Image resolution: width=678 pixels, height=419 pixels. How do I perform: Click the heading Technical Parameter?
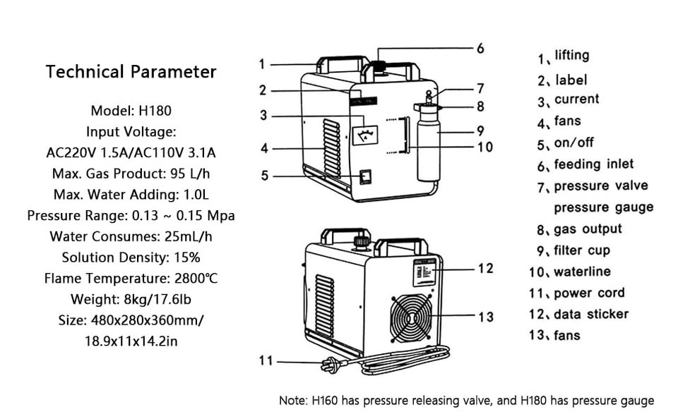131,71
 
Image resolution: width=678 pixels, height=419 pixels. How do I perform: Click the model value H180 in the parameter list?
156,111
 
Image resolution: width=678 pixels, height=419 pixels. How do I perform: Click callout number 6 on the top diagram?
480,48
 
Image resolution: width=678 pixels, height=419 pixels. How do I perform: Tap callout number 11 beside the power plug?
266,360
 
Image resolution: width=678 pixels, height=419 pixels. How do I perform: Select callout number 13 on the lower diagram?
486,317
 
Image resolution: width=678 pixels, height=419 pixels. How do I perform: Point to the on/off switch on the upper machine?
365,176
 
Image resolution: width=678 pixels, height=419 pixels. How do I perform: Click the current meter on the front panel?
366,133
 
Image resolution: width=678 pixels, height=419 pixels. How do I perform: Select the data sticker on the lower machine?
424,272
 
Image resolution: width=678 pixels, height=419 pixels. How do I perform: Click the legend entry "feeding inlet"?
593,164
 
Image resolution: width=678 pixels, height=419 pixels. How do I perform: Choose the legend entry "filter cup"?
581,250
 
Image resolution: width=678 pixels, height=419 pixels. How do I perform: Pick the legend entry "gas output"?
587,229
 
